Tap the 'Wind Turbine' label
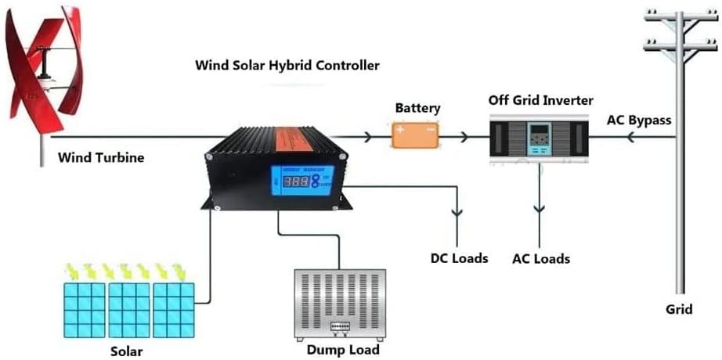click(101, 158)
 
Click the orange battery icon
click(415, 136)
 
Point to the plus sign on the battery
click(401, 131)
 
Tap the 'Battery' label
click(417, 108)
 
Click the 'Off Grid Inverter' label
click(540, 100)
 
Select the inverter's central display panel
click(539, 139)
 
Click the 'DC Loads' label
click(459, 257)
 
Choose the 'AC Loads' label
click(540, 258)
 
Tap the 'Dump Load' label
click(343, 350)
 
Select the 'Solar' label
click(126, 350)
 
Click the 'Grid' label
click(679, 309)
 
